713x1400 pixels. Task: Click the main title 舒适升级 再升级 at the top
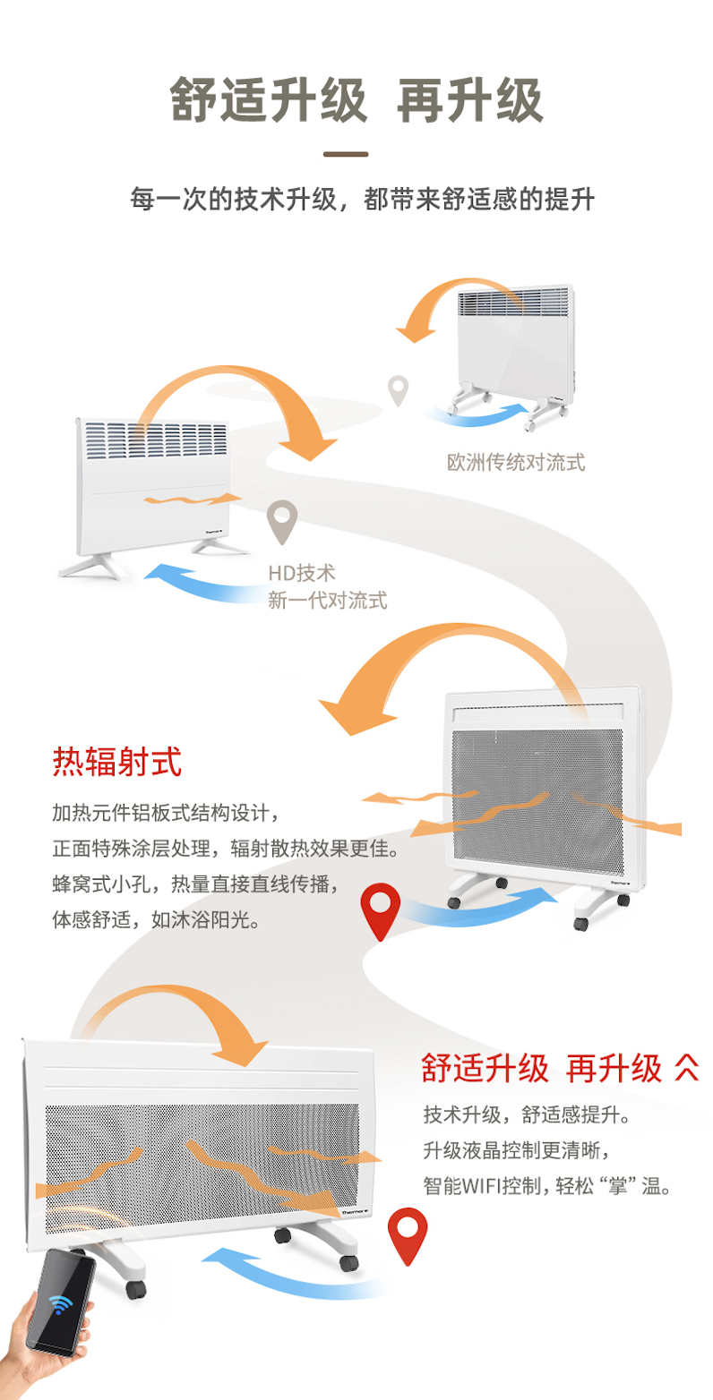click(356, 99)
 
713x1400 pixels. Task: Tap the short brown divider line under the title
click(346, 154)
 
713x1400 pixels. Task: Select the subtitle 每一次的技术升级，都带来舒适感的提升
click(362, 199)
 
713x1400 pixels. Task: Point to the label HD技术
click(301, 573)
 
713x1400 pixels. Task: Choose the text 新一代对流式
click(328, 600)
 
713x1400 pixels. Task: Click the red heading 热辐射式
click(117, 763)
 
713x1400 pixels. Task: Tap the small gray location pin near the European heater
click(398, 389)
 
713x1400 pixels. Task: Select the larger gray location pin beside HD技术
click(283, 521)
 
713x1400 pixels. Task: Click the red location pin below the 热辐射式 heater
click(380, 909)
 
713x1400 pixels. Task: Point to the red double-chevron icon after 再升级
click(686, 1067)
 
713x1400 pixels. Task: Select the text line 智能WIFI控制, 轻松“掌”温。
click(547, 1186)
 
